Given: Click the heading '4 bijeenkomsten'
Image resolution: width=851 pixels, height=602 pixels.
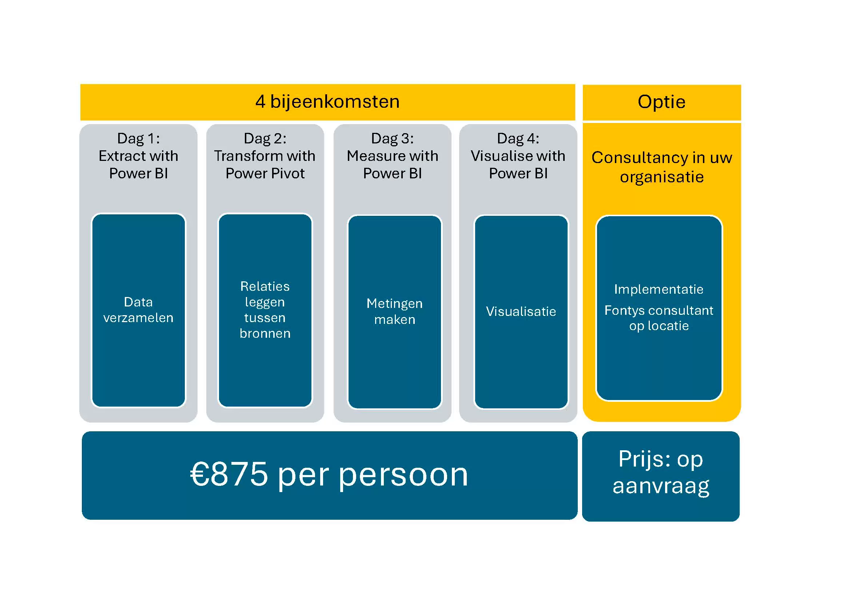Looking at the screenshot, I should coord(327,102).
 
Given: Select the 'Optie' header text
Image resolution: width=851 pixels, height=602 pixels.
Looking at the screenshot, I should coord(661,102).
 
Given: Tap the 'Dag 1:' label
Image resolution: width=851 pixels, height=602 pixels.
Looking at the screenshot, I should coord(138,139).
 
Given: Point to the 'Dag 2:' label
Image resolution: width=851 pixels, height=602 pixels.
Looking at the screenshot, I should coord(265,139).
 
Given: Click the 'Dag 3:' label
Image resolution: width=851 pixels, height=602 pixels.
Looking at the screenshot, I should coord(392,139).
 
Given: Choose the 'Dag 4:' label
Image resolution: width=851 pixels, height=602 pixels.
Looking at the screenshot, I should coord(518,139).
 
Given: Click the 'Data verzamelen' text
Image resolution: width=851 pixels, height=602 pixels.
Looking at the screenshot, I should coord(138,310).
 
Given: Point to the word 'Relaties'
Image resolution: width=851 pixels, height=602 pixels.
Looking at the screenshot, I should coord(265,286).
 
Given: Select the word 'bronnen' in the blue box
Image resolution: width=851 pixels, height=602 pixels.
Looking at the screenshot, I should coord(265,334).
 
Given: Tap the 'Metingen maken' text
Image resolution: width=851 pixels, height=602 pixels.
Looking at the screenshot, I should coord(394,312).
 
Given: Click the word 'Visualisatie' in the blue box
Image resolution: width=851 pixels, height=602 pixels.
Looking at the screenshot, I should coord(521,312).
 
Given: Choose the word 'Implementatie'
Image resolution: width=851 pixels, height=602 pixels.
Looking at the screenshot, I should coord(659,289).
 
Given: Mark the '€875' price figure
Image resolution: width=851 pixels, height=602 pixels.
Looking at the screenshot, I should coord(229,474).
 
